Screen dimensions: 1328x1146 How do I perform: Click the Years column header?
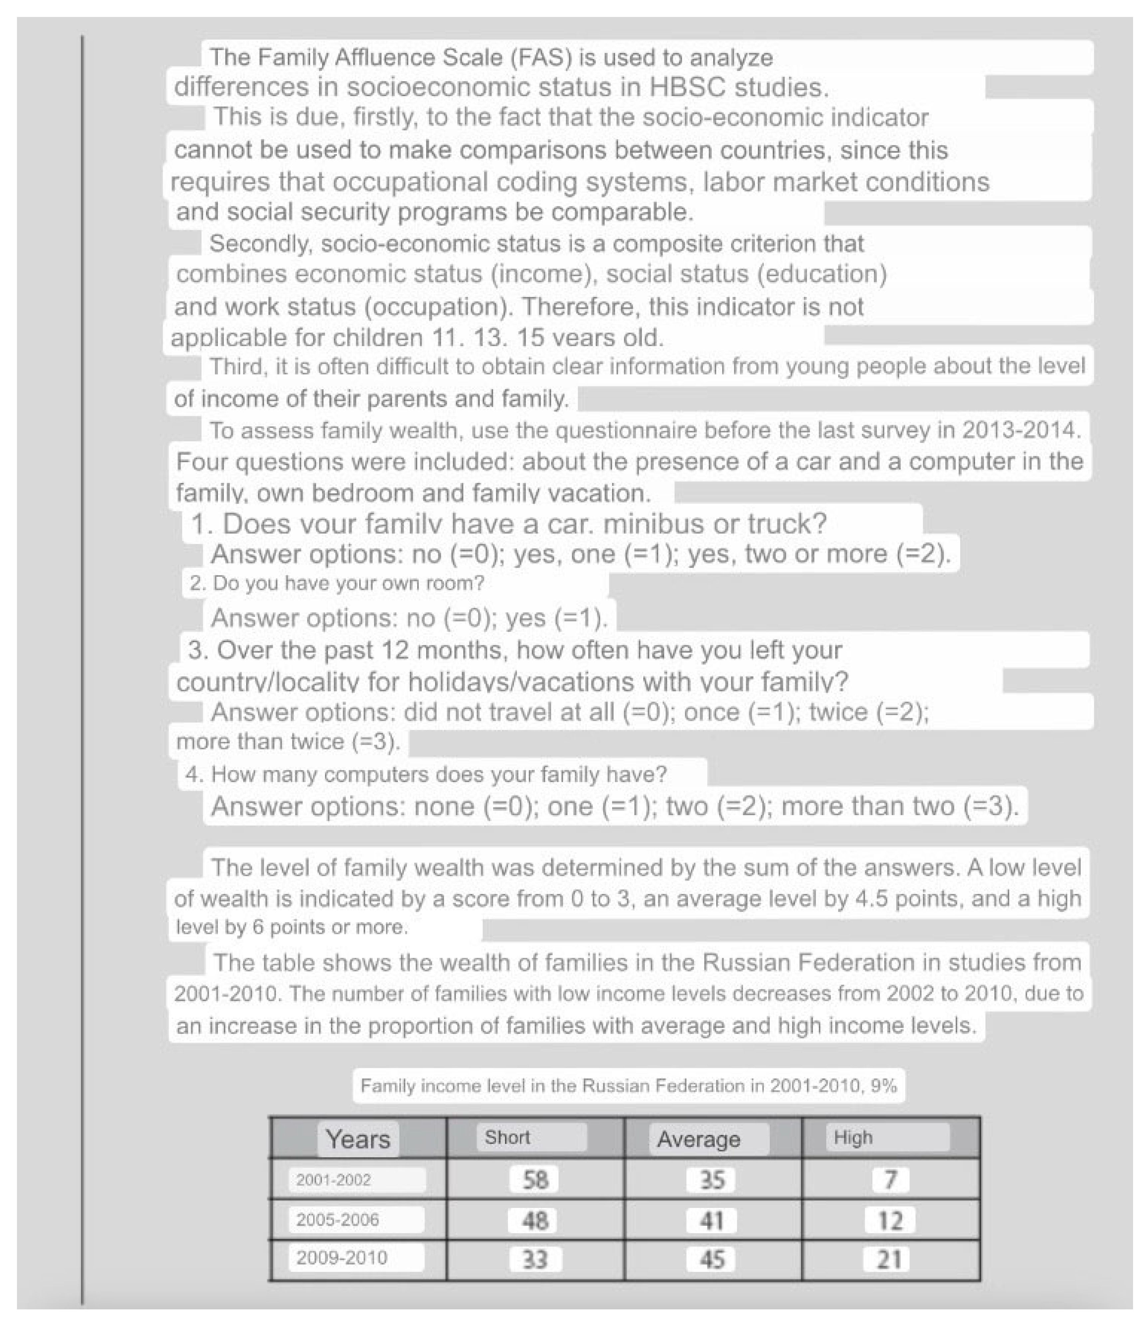pos(358,1139)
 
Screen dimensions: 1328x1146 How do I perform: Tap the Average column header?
pos(699,1139)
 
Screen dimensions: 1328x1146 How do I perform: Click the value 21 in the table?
pos(890,1259)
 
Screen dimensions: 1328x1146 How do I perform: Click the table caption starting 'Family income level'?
pos(628,1086)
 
